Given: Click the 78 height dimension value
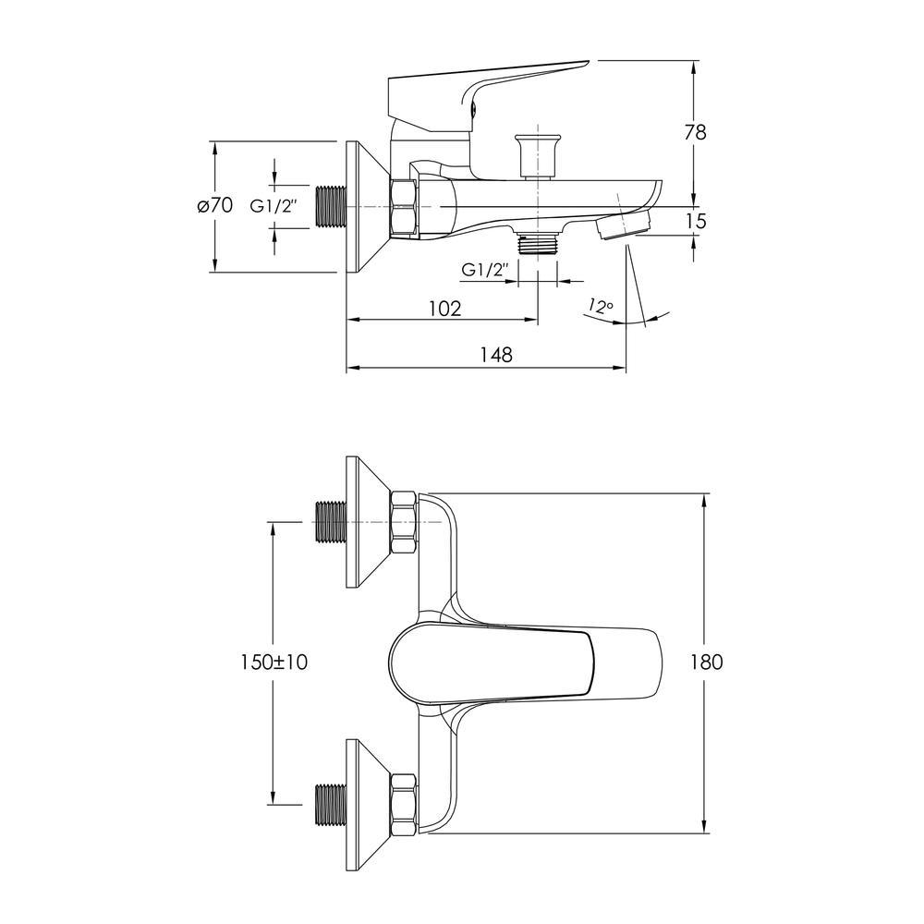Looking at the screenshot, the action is click(696, 132).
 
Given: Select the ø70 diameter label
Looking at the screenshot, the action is click(215, 206).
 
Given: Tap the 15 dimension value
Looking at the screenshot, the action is click(696, 222).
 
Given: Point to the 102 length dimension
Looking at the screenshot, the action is click(445, 309).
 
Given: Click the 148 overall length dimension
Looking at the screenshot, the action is click(496, 355).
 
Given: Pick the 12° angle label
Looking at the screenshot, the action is click(602, 306).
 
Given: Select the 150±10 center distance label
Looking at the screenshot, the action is click(274, 663).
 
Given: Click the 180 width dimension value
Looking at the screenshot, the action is click(707, 663).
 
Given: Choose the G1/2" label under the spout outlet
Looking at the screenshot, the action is click(484, 271).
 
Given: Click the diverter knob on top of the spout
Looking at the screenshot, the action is click(537, 156).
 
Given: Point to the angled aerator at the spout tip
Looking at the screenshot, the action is click(624, 226).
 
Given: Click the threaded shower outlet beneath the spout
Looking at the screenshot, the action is click(538, 242).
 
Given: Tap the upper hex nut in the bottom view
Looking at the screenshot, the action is click(404, 523).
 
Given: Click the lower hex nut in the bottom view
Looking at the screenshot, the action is click(404, 804).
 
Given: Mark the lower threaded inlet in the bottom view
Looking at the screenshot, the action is click(331, 804).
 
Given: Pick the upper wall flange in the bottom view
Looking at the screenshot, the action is click(369, 522).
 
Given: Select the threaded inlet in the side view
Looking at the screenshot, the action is click(331, 206).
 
